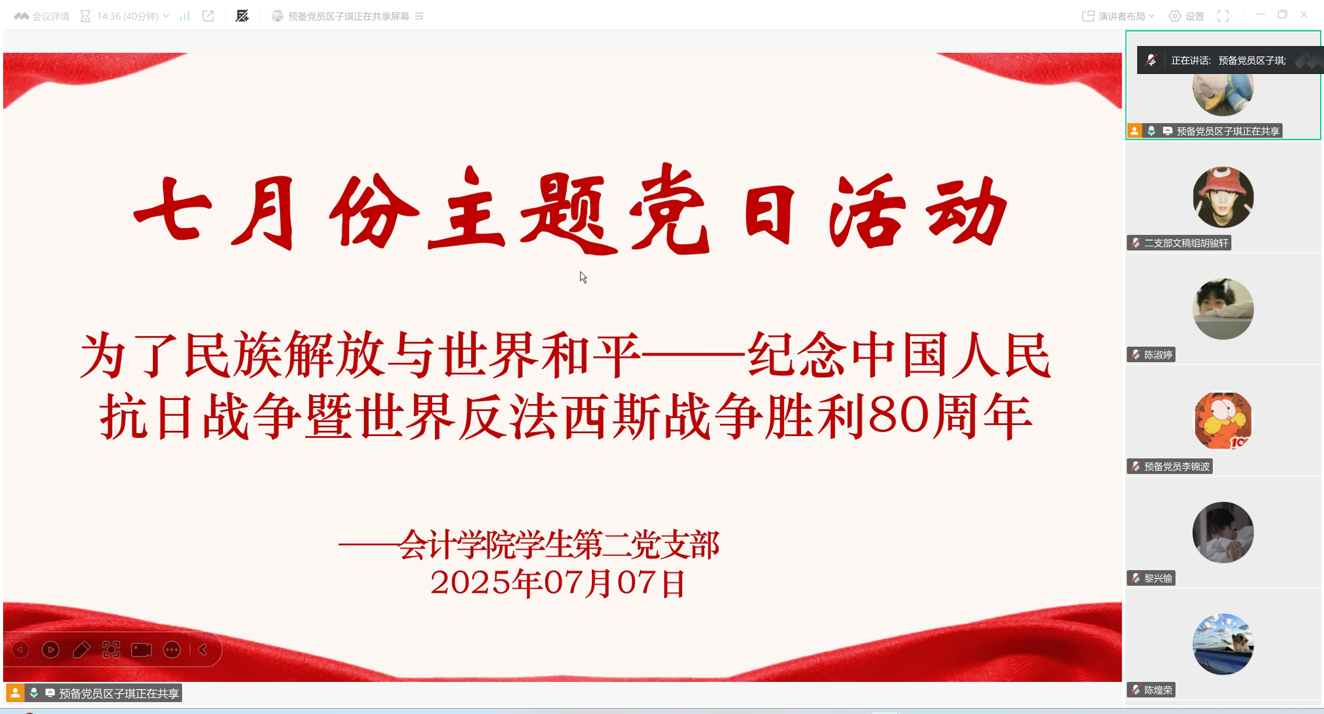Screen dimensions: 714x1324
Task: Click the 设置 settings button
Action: (x=1187, y=17)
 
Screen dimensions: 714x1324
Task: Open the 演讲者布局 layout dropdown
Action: (x=1118, y=17)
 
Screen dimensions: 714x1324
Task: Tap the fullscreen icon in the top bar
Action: (x=1223, y=17)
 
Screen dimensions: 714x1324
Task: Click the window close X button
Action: (x=1304, y=14)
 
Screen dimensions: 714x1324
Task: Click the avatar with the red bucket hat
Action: (x=1223, y=197)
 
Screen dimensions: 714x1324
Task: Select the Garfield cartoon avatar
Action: (x=1223, y=421)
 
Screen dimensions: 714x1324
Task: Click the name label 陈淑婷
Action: (x=1157, y=355)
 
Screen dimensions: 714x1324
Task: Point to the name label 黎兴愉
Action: (x=1157, y=578)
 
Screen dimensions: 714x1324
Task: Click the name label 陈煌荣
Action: (x=1157, y=690)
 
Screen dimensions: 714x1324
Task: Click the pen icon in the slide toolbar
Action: (x=81, y=650)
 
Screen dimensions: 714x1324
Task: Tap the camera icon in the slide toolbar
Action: (x=141, y=650)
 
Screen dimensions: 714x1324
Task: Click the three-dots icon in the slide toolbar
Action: (x=172, y=650)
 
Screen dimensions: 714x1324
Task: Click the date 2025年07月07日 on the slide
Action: (x=558, y=584)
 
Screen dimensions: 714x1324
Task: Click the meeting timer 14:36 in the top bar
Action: (x=127, y=17)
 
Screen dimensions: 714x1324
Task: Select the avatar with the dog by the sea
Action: (x=1223, y=644)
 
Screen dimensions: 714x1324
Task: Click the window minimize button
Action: (x=1260, y=14)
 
